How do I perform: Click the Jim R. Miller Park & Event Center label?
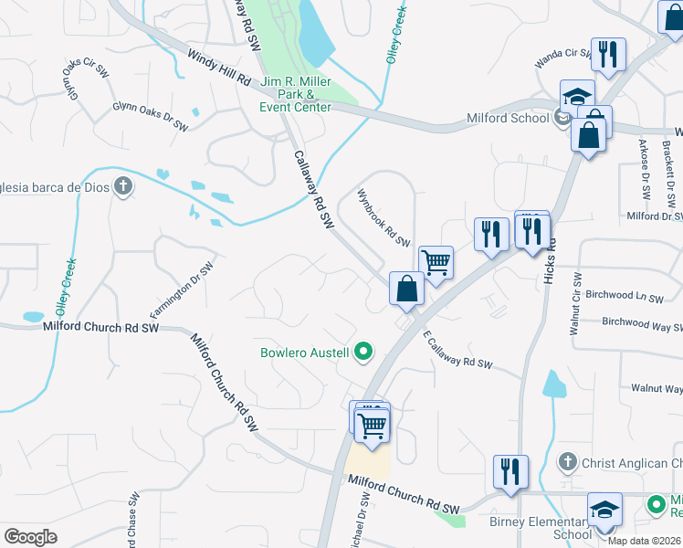[x=295, y=94]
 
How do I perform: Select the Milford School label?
[x=508, y=118]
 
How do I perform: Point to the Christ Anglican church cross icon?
[x=567, y=463]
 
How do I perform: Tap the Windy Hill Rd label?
[x=219, y=68]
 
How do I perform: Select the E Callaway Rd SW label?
[x=457, y=350]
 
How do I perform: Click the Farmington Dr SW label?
[x=181, y=290]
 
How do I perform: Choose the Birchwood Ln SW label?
[x=625, y=297]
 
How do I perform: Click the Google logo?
[x=30, y=536]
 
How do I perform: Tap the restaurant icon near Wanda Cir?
[x=608, y=53]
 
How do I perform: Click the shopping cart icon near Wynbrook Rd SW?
[x=436, y=262]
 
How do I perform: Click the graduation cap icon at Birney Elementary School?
[x=604, y=509]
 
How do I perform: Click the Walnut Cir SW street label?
[x=575, y=303]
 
